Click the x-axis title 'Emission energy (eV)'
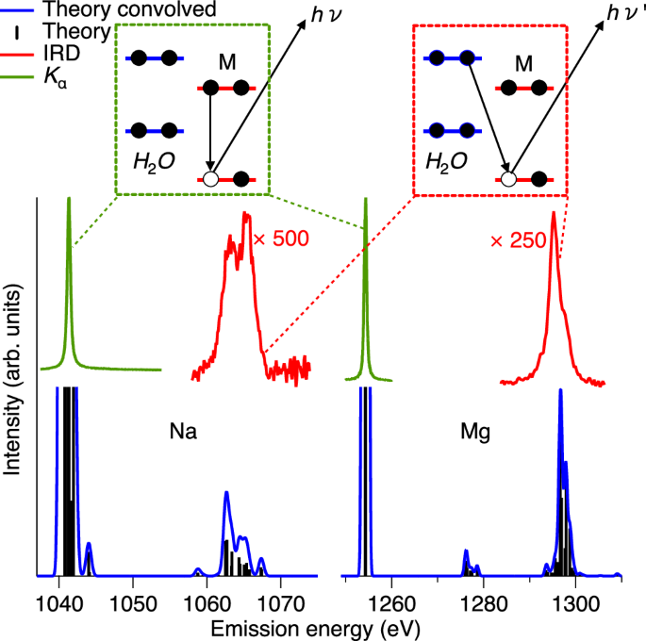pos(323,626)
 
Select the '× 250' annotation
pos(518,240)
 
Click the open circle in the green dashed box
pos(211,178)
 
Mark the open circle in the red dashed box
pos(508,178)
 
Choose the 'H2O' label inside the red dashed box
pos(446,161)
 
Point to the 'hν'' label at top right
pos(619,18)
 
